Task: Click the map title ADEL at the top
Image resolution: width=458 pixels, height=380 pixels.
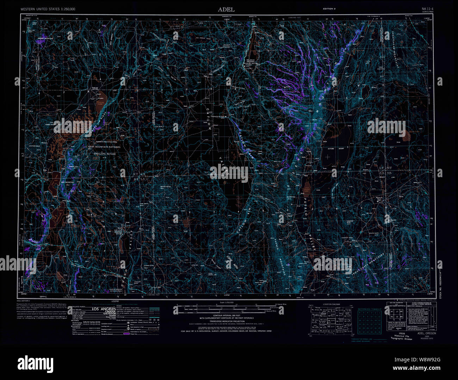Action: click(x=226, y=10)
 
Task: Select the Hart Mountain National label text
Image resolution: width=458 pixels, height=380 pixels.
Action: click(x=104, y=147)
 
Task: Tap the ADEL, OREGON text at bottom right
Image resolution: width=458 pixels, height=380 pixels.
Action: click(x=426, y=333)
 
